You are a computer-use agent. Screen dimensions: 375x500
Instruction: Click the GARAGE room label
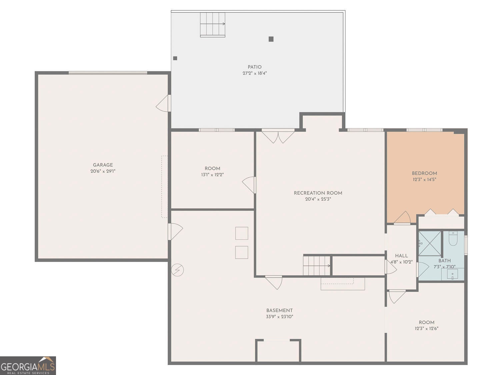(x=103, y=165)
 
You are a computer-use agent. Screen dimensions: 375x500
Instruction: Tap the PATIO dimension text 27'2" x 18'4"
(x=255, y=73)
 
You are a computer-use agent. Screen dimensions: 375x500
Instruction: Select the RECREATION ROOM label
(x=318, y=193)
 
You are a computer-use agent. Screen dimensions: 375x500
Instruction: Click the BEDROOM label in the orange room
(x=424, y=173)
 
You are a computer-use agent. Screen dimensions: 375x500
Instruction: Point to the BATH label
(x=445, y=261)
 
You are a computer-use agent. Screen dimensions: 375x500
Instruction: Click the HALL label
(x=401, y=256)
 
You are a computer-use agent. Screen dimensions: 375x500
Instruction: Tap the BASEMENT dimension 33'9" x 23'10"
(x=279, y=317)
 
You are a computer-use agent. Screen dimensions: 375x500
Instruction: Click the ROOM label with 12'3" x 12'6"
(x=427, y=322)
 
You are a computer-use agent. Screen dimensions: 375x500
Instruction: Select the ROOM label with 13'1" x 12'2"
(x=212, y=169)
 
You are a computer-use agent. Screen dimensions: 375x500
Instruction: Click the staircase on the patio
(x=213, y=24)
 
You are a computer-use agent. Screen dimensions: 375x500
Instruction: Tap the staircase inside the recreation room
(x=317, y=266)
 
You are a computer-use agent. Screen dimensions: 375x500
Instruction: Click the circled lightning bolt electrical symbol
(x=177, y=270)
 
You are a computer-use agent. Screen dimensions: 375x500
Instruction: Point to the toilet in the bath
(x=453, y=238)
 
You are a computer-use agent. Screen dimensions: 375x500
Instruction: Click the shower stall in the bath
(x=430, y=243)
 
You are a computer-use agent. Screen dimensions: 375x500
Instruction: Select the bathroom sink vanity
(x=453, y=275)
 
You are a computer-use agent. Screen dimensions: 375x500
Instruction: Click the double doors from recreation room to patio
(x=278, y=136)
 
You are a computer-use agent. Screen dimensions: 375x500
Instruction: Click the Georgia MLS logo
(x=28, y=366)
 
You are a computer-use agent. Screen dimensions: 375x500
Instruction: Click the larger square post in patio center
(x=271, y=39)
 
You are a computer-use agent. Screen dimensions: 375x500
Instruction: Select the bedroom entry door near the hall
(x=403, y=218)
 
